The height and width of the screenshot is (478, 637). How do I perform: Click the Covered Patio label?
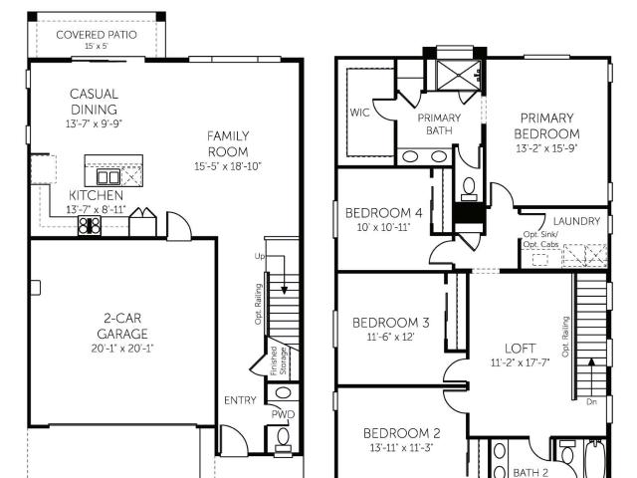tap(97, 35)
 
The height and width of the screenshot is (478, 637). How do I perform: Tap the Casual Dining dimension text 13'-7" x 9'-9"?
tap(94, 123)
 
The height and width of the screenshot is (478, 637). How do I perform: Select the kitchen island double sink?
tap(108, 177)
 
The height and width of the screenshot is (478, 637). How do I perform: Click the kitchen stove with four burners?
tap(90, 226)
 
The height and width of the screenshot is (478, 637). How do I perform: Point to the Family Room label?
tap(228, 143)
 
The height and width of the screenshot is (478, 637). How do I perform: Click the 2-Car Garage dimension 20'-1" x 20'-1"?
tap(122, 349)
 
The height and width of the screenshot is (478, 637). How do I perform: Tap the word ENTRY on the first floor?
tap(240, 400)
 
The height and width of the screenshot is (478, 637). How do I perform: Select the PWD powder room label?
tap(283, 415)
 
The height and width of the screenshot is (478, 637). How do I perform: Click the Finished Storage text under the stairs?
tap(279, 360)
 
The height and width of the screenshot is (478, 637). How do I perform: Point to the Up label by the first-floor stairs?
tap(259, 256)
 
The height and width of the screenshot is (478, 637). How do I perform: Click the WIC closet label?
tap(360, 113)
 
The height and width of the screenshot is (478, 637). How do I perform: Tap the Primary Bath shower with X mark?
tap(458, 76)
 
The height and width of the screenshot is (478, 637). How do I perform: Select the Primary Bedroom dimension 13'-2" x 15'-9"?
tap(546, 148)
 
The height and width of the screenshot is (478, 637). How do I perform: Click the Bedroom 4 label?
tap(383, 213)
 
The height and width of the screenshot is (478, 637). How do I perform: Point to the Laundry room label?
tap(576, 221)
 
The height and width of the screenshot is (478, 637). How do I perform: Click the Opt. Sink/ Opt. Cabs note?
tap(540, 239)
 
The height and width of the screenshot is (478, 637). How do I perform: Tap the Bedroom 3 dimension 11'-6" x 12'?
tap(390, 337)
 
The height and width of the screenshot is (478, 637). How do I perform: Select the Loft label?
tap(520, 349)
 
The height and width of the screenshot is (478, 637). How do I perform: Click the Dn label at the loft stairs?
tap(591, 402)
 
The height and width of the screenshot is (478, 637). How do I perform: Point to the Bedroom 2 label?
tap(401, 433)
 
